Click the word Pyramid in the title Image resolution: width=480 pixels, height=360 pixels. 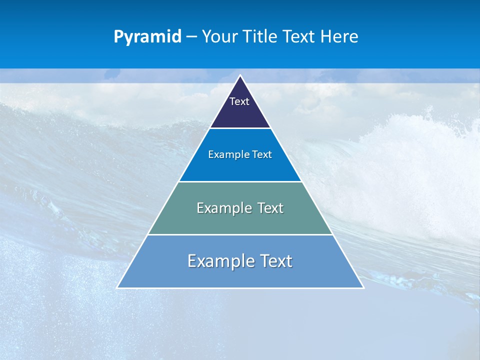click(147, 37)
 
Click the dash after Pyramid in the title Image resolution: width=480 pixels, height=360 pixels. click(191, 37)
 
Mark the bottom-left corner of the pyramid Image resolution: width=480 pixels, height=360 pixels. click(118, 287)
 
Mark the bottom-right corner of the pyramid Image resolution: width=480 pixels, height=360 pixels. click(363, 287)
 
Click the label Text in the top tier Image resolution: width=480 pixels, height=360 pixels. click(239, 101)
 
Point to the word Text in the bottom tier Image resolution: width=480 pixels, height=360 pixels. click(276, 261)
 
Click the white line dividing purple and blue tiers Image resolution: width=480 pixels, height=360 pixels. click(240, 128)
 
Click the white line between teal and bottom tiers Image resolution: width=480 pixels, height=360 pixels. click(240, 234)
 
